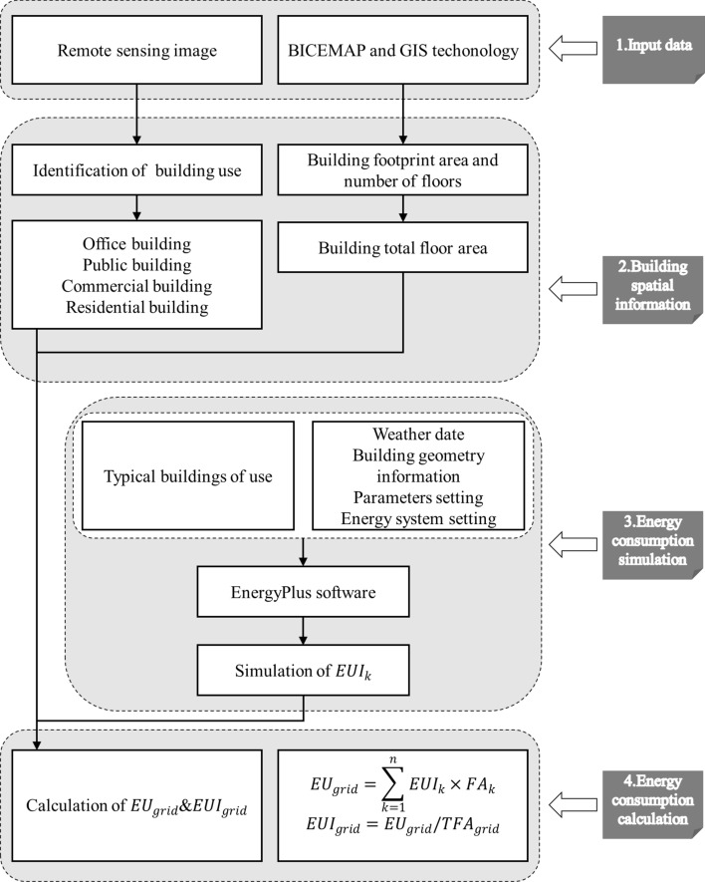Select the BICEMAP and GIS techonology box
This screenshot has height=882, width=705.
[x=405, y=47]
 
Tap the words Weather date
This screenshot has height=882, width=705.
[x=418, y=435]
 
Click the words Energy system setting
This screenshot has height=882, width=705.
[x=418, y=519]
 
